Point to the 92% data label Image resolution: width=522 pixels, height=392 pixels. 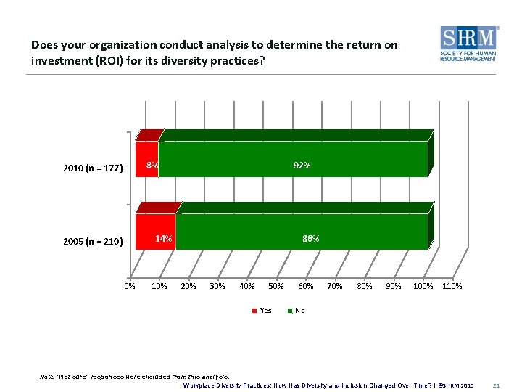point(302,166)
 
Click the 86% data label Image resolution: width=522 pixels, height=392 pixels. point(310,238)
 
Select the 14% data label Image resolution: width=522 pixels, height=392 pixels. point(165,238)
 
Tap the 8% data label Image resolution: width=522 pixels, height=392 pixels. point(152,166)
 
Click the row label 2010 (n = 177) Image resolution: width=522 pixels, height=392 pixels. point(94,168)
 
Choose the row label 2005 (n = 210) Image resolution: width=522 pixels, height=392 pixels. point(94,241)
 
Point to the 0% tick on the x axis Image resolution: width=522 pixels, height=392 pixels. point(130,286)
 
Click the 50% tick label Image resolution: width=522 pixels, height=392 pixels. point(276,286)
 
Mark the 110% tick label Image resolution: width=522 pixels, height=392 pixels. point(452,286)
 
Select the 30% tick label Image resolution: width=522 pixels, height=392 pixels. point(217,286)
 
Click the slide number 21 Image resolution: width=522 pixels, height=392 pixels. point(497,385)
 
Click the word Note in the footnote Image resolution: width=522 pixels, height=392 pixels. point(47,377)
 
